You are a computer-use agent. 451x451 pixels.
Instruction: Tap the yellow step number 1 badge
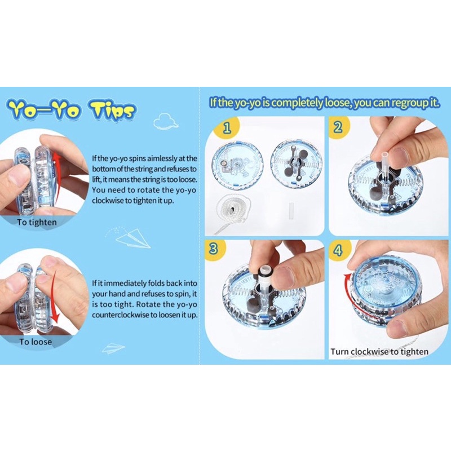[227, 127]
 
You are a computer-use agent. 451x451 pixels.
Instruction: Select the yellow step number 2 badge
[339, 127]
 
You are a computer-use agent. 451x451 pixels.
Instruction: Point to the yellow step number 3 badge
[214, 249]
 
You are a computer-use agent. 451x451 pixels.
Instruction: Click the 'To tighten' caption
[37, 222]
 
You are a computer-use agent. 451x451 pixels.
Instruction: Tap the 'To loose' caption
[36, 342]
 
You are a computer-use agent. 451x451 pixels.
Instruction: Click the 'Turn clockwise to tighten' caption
[379, 352]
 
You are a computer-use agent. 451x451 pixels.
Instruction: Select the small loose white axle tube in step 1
[291, 210]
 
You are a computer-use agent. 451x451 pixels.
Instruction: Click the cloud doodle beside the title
[166, 121]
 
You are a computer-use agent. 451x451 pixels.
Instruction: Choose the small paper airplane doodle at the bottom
[113, 348]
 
